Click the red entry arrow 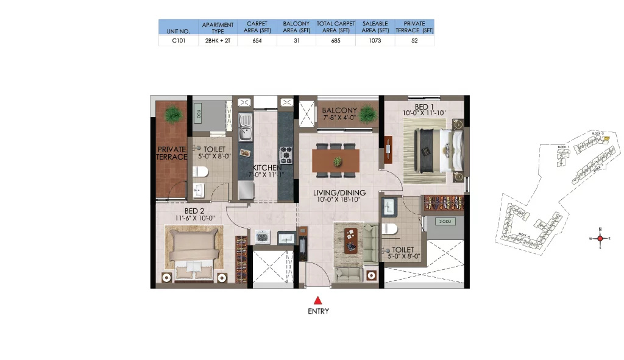tap(317, 299)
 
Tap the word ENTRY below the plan tap(317, 311)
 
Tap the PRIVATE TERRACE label tap(172, 153)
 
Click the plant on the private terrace tap(173, 113)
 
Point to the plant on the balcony tap(368, 114)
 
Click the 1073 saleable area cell tap(375, 40)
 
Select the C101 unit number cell tap(179, 40)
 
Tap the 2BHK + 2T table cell tap(218, 40)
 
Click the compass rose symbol tap(600, 238)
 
